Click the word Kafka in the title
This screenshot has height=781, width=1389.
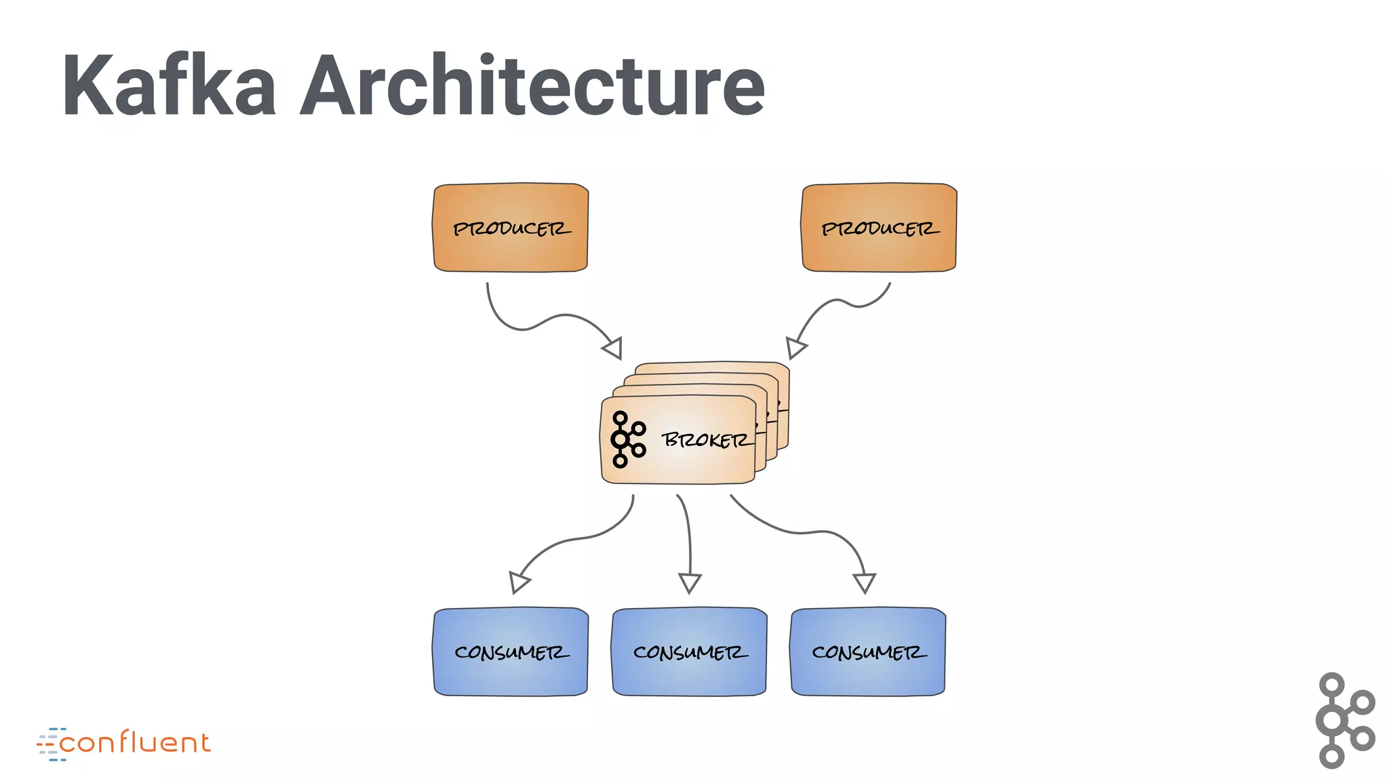tap(169, 86)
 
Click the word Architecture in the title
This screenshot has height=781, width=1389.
tap(532, 86)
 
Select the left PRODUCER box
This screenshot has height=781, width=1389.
tap(511, 228)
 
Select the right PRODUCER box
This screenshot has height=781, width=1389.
tap(879, 228)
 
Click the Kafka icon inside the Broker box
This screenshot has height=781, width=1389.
tap(627, 439)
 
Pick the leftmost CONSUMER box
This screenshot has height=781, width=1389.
tap(511, 652)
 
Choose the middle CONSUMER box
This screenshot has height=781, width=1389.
tap(689, 652)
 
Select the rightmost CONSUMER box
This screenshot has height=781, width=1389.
tap(868, 652)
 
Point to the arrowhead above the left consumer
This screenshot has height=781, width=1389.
tap(519, 582)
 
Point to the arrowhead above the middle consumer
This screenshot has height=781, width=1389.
tap(690, 582)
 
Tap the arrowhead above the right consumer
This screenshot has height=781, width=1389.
tap(865, 582)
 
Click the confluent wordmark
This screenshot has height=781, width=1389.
tap(135, 743)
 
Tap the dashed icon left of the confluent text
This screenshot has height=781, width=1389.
tap(50, 744)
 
